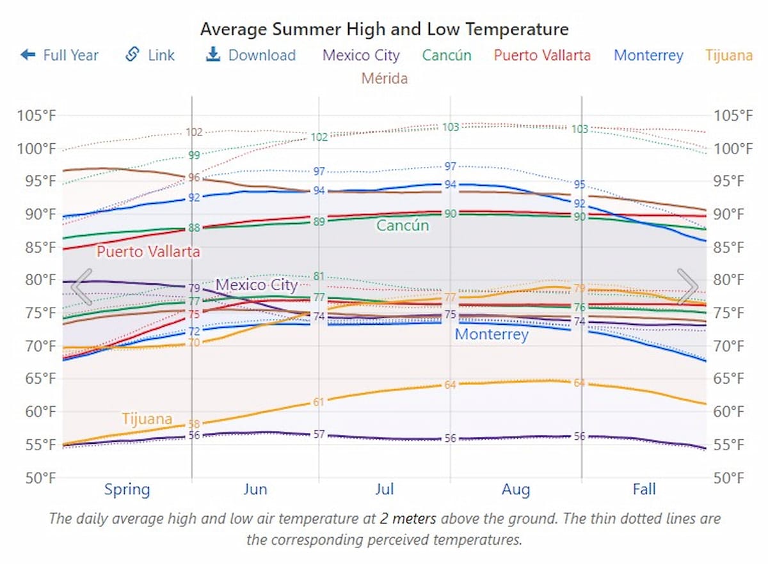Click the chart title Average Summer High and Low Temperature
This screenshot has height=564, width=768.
pos(384,29)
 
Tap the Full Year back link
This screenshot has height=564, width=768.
pos(60,55)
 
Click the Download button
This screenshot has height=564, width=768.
pos(251,55)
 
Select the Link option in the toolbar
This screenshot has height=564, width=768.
pos(150,55)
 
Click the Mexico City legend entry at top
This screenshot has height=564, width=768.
pos(361,55)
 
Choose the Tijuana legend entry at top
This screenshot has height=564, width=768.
pos(729,55)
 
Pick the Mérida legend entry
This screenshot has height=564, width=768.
pos(384,78)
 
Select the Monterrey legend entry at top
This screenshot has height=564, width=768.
pos(648,55)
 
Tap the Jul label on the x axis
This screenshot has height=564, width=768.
pos(385,490)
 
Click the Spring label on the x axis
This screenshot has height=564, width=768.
pos(127,490)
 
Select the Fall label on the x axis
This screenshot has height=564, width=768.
pos(644,490)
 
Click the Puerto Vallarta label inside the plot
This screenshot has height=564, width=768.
pos(148,251)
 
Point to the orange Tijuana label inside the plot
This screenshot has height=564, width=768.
pos(147,419)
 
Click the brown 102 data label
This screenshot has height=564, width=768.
pos(194,132)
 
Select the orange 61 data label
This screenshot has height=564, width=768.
pos(319,402)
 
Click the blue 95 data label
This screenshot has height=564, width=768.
pos(579,185)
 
